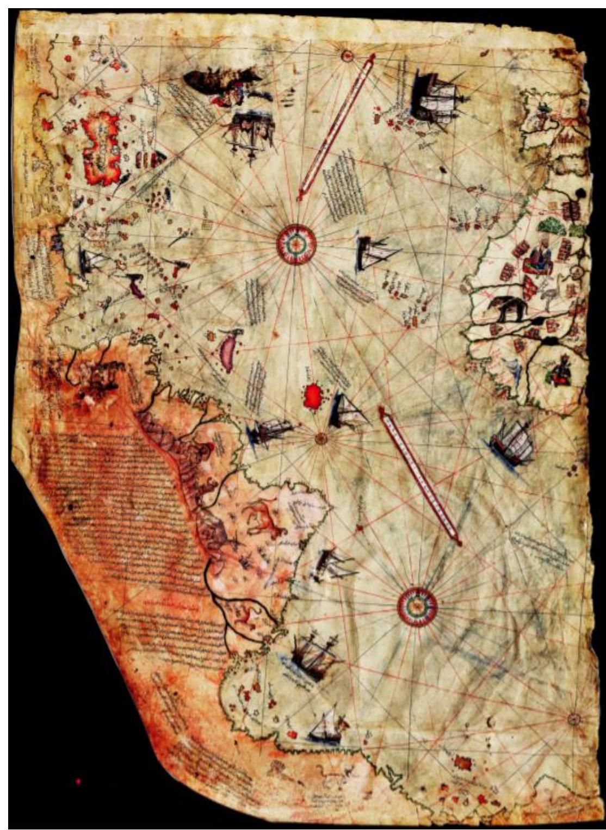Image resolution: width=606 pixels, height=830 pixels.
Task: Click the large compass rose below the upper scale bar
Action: click(296, 245)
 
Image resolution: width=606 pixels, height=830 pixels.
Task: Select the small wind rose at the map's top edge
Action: click(347, 54)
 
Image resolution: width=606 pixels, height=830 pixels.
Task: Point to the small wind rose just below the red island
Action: click(321, 437)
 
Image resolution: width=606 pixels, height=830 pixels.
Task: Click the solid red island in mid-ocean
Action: click(312, 396)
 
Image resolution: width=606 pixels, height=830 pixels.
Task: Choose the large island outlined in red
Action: click(101, 147)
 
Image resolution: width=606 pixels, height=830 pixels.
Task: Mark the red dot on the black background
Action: click(78, 782)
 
